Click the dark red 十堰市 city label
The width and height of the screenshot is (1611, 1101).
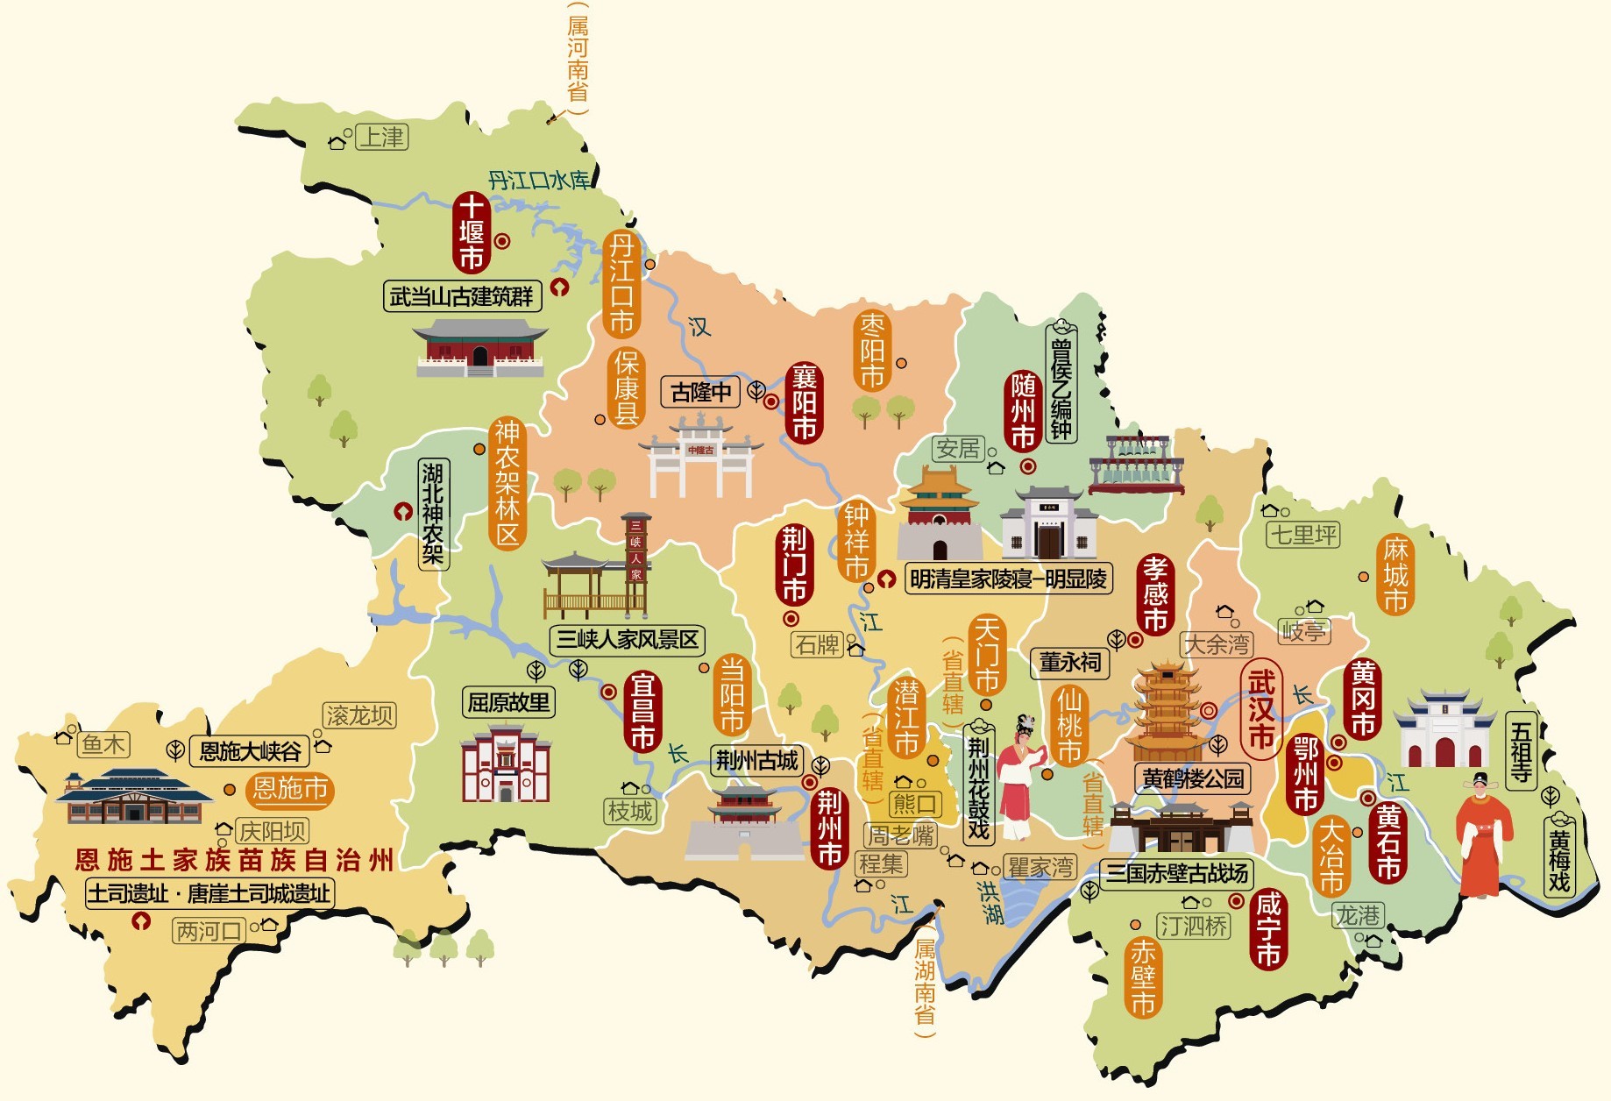tap(472, 232)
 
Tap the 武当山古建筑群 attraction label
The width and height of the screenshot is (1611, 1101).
tap(462, 296)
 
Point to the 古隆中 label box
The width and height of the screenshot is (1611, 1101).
tap(700, 392)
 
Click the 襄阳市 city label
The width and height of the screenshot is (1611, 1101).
tap(804, 402)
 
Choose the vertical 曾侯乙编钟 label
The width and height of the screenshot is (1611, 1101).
tap(1061, 382)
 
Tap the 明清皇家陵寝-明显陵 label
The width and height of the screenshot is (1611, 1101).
tap(1008, 579)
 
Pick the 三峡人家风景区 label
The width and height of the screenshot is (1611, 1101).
tap(628, 640)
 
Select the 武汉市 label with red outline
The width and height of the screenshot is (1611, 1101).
tap(1261, 709)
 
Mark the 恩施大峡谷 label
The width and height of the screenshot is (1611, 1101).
tap(251, 751)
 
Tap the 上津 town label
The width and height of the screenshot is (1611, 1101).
tap(382, 138)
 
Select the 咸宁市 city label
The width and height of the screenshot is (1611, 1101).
tap(1268, 929)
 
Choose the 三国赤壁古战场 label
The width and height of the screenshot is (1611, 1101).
tap(1176, 873)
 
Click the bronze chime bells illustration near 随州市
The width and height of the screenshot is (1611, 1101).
tap(1136, 465)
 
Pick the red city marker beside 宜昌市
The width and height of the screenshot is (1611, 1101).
tap(608, 692)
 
